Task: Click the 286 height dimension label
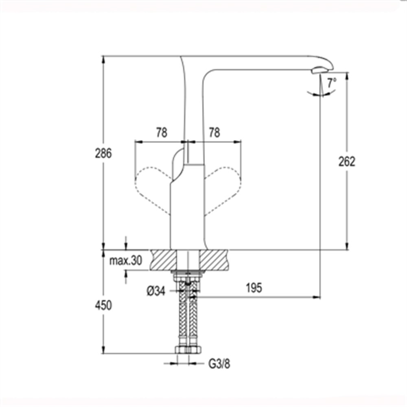click(x=103, y=153)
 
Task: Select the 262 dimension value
click(x=346, y=162)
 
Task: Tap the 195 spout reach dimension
click(x=254, y=288)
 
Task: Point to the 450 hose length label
click(x=103, y=305)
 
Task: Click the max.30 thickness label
click(x=126, y=260)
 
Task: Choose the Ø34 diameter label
click(x=156, y=291)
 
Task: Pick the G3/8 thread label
click(x=219, y=363)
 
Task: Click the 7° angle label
click(x=331, y=83)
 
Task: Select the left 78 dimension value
click(x=162, y=133)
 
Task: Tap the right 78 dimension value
click(x=214, y=133)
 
